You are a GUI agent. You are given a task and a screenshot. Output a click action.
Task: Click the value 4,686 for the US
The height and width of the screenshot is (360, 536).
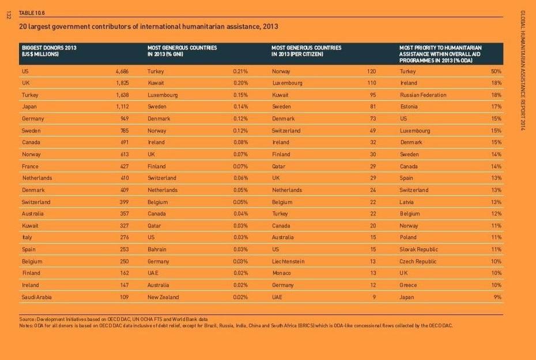coord(122,71)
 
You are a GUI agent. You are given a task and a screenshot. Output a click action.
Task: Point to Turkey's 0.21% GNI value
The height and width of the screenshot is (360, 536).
coord(240,71)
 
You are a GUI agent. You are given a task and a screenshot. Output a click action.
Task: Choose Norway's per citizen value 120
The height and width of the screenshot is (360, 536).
coord(371,71)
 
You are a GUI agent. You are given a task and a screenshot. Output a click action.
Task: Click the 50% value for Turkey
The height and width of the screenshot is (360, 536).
coord(496,71)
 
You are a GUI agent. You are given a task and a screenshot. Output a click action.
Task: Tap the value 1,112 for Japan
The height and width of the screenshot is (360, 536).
coord(122,107)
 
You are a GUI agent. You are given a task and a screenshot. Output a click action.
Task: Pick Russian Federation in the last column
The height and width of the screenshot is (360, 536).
coord(422,95)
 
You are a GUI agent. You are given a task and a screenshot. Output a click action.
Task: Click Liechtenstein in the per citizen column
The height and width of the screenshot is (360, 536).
coord(288,262)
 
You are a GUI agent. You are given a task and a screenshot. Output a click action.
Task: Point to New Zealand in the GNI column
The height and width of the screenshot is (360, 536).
coord(163,297)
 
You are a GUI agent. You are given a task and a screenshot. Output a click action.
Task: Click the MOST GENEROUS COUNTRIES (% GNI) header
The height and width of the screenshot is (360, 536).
coord(182,51)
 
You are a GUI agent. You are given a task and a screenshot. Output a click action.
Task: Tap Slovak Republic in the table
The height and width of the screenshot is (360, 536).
coord(418,249)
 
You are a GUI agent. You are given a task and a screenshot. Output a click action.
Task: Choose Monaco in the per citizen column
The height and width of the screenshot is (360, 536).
coord(281,273)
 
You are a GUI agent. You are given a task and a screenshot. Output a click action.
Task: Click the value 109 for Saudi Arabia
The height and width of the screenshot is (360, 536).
coord(124,297)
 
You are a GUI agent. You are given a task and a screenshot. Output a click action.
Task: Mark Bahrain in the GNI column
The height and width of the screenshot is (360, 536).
coord(157,249)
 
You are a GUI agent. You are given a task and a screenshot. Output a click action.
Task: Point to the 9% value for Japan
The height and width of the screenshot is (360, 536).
coord(497,297)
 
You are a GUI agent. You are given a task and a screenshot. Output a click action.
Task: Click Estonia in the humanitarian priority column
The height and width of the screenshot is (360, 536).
coord(410,107)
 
